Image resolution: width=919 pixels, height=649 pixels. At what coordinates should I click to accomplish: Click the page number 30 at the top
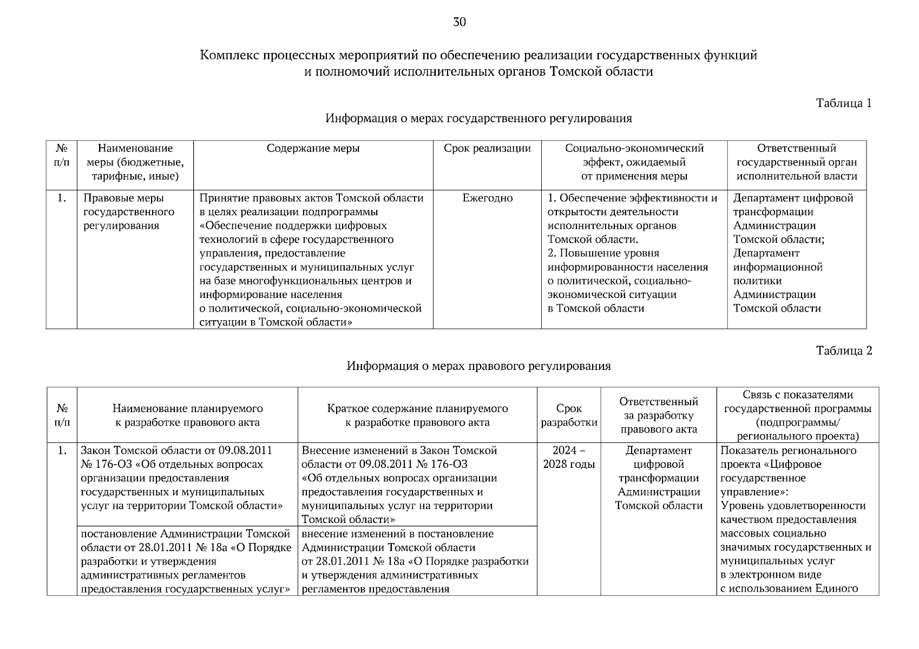pos(459,22)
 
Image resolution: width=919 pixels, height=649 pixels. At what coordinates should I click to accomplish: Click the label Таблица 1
pos(844,103)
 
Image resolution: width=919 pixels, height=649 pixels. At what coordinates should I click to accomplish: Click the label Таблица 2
pos(844,351)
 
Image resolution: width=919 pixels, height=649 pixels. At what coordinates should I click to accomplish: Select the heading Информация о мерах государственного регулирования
pos(478,118)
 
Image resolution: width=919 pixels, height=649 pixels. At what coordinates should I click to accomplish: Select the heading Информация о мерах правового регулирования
pos(478,366)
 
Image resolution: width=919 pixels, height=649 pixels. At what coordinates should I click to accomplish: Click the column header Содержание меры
pos(313,149)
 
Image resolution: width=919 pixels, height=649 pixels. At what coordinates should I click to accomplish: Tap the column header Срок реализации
pos(487,149)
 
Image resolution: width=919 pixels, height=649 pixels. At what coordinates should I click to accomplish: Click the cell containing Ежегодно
pos(487,198)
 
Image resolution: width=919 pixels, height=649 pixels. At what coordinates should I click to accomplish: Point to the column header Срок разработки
pos(569,415)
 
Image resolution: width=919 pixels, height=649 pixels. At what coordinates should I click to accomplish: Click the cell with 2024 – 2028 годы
pos(569,458)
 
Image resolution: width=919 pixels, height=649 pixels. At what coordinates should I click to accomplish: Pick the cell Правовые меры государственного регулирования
pos(129,212)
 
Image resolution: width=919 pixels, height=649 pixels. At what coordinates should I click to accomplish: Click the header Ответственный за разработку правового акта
pos(659,415)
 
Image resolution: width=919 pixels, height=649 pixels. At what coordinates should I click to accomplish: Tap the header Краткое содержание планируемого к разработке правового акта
pos(417,415)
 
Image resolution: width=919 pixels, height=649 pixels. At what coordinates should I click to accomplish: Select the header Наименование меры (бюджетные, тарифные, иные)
pos(135,162)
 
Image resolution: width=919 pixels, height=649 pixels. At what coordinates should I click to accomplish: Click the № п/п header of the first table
pos(62,155)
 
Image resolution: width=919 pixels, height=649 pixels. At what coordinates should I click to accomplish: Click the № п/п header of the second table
pos(62,415)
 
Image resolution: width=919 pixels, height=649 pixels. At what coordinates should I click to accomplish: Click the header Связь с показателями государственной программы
pos(797,415)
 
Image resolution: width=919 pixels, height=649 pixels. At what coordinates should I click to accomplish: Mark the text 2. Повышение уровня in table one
pos(603,254)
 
